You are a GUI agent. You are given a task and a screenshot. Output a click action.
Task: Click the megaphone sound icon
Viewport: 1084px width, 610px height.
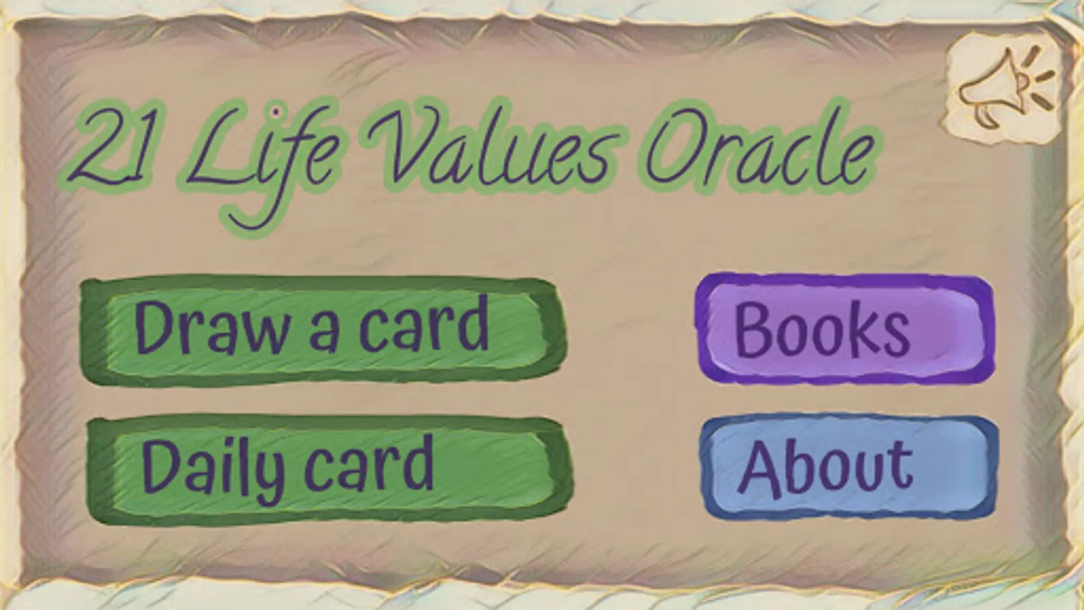pos(1003,88)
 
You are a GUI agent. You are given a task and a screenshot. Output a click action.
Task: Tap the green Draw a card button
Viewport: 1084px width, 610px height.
pos(323,330)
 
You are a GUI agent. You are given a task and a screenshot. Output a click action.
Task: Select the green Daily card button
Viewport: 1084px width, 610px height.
pos(330,470)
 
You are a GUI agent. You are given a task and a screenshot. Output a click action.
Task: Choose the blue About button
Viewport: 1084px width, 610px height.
pos(848,468)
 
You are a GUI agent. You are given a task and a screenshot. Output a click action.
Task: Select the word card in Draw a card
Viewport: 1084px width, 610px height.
pos(424,323)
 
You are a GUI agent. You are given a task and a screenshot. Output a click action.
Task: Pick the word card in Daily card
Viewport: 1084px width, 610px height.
pos(370,464)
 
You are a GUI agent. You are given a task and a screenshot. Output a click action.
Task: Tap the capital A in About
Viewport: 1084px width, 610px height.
pos(762,470)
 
